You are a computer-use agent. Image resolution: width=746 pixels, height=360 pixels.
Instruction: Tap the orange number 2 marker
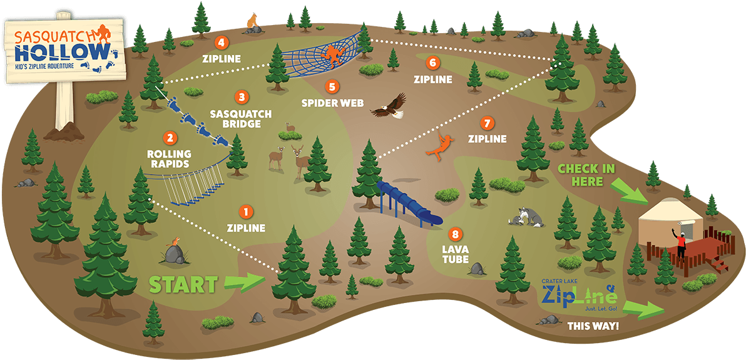(169, 138)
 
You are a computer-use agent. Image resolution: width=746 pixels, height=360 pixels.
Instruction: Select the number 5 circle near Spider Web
(332, 86)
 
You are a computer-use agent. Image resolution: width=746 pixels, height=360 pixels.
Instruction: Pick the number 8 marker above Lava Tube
(455, 235)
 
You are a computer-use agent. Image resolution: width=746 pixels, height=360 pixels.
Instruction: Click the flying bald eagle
(389, 106)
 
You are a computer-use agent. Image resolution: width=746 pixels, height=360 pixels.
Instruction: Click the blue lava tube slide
(410, 202)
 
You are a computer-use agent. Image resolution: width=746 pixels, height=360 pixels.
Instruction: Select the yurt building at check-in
(665, 219)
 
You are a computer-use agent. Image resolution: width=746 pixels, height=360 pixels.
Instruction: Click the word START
(183, 285)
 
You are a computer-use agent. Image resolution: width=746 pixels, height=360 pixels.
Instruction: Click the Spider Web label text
(332, 102)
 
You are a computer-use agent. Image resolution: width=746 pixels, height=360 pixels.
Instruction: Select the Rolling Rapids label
(169, 159)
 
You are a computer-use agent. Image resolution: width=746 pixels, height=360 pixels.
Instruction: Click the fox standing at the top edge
(253, 22)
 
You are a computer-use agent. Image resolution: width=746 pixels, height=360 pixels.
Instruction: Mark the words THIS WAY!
(593, 326)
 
